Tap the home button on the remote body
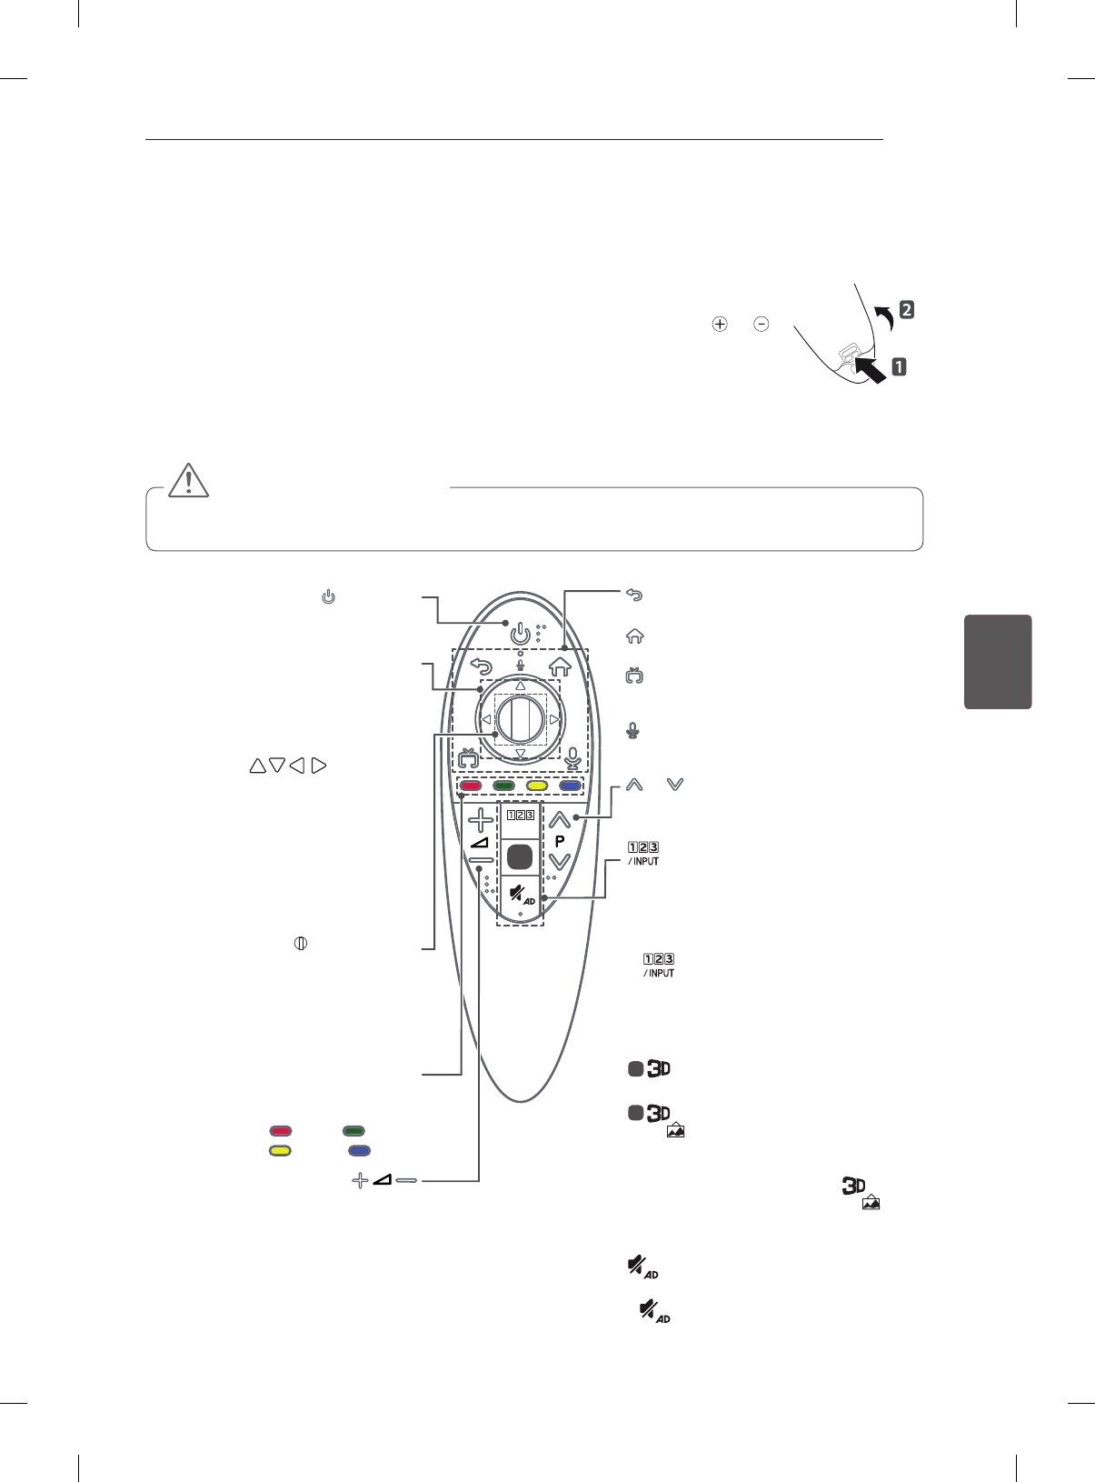(x=560, y=666)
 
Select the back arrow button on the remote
(x=481, y=666)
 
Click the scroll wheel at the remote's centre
(x=520, y=719)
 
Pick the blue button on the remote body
(x=570, y=786)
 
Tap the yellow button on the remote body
(x=536, y=786)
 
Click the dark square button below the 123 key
(x=520, y=856)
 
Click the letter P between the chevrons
(x=560, y=841)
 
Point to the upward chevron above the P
(x=560, y=819)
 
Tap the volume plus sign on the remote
(x=481, y=821)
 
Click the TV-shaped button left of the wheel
(x=468, y=757)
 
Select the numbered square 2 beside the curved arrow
(x=906, y=309)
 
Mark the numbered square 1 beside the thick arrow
(x=899, y=367)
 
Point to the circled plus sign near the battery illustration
(x=720, y=324)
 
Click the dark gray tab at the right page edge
(x=998, y=661)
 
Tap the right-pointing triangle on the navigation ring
(x=553, y=719)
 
